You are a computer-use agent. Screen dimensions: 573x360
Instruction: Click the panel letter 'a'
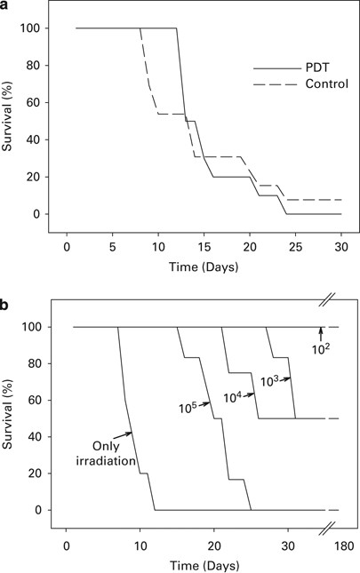6,6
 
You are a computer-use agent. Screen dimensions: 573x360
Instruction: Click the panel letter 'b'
6,305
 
